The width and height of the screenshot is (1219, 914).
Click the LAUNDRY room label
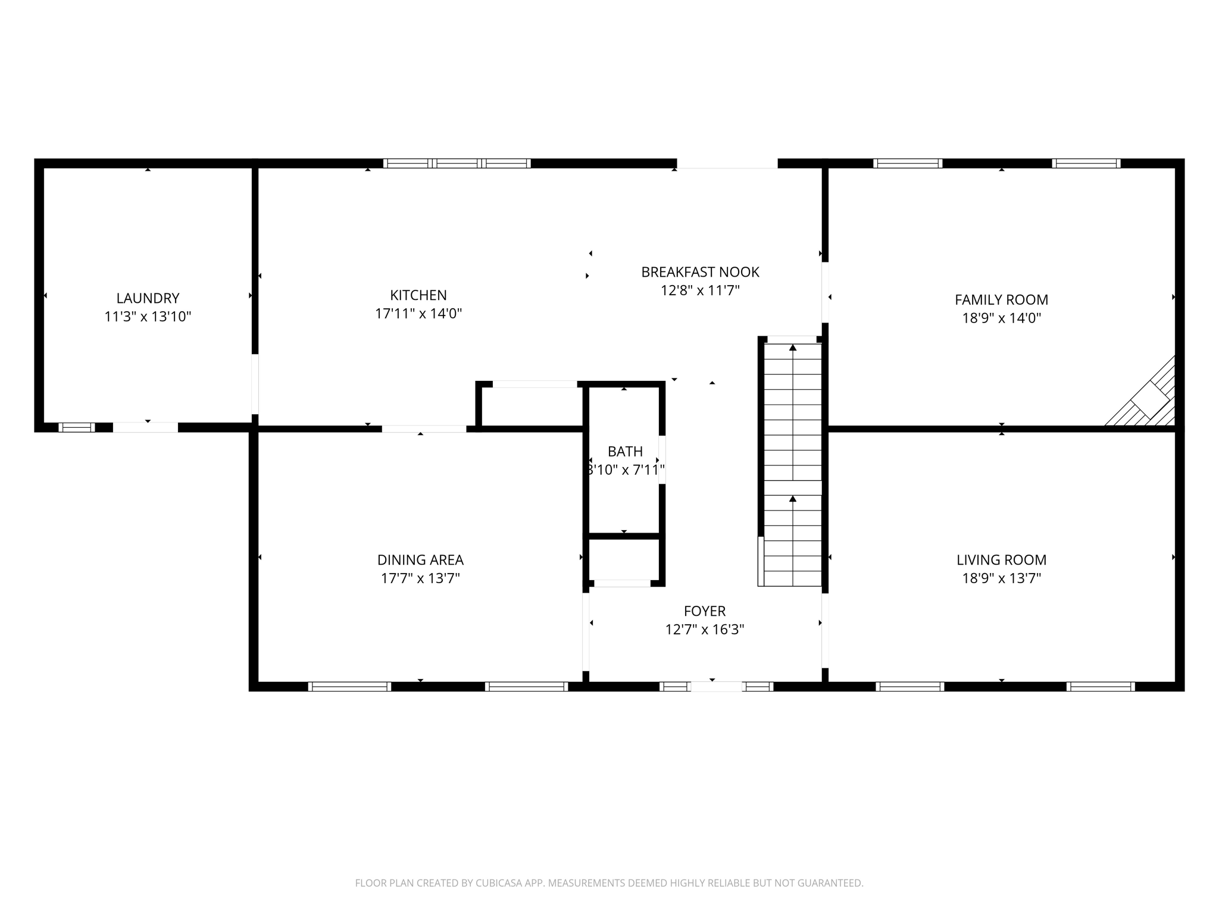(x=148, y=298)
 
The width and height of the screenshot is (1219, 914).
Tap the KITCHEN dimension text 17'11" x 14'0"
(x=418, y=314)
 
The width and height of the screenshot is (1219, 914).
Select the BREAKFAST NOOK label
(x=700, y=272)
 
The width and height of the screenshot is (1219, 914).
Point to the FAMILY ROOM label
(x=1001, y=300)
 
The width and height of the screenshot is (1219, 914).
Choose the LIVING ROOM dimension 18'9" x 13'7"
(x=1001, y=578)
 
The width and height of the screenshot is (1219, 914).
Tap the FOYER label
(x=705, y=611)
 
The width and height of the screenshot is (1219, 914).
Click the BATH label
(x=625, y=451)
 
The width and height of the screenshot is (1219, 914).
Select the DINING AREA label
(x=420, y=560)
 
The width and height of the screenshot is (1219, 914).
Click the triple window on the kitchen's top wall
(x=457, y=163)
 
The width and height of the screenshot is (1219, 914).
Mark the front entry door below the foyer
(x=716, y=686)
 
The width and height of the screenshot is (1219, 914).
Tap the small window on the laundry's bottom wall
(x=77, y=427)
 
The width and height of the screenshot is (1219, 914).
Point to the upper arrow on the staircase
(x=792, y=348)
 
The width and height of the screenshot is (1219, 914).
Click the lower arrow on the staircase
(x=792, y=499)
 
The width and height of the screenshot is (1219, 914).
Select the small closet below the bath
(x=624, y=559)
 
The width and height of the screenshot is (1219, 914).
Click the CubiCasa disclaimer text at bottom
(x=609, y=883)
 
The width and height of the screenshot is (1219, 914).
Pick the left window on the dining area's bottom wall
(x=349, y=686)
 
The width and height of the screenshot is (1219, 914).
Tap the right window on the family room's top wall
(x=1086, y=163)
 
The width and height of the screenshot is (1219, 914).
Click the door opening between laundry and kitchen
(x=255, y=384)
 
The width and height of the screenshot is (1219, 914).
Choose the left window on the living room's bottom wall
(x=909, y=686)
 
